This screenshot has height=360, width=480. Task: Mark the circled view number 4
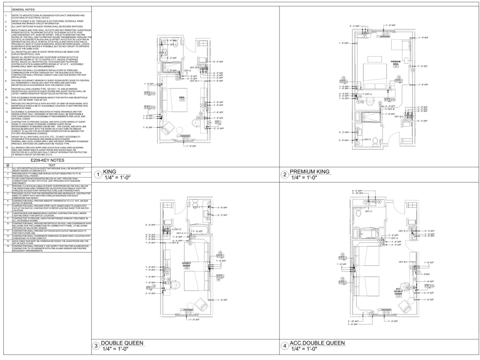click(x=285, y=346)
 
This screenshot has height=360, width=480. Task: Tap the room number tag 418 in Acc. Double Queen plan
click(x=398, y=296)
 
